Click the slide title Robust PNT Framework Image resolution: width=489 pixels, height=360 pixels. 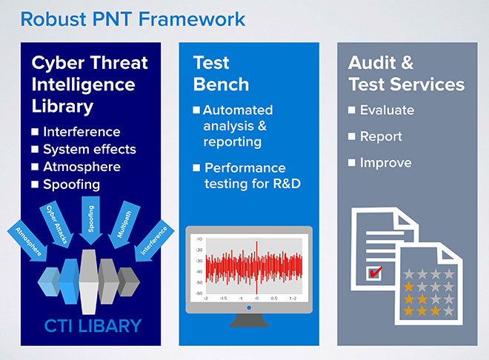coord(133,18)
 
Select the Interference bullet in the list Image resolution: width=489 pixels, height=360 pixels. coord(81,132)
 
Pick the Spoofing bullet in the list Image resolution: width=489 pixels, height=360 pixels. coord(71,184)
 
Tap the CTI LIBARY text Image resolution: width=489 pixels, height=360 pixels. coord(90,325)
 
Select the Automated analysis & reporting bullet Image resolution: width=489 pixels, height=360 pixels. coord(237,126)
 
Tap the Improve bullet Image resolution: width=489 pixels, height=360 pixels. coord(385,163)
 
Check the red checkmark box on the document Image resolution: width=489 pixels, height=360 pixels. coord(375,273)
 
